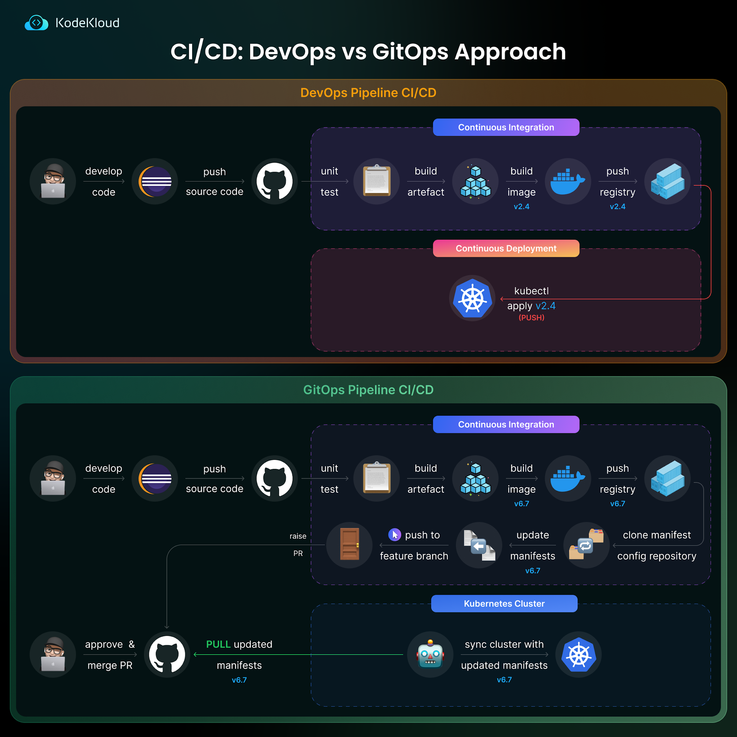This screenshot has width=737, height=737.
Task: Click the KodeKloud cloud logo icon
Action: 36,23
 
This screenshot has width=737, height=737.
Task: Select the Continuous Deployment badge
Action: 506,248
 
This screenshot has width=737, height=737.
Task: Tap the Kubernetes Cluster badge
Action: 504,603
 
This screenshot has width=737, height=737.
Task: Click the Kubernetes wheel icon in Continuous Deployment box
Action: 472,298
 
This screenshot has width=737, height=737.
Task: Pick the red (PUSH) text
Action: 532,317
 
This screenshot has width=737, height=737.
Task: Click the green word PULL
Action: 218,644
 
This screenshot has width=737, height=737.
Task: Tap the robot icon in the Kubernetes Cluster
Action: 430,655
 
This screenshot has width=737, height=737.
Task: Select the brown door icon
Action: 349,545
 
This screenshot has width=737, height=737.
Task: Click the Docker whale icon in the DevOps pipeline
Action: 568,182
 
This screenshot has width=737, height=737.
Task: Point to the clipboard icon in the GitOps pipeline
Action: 376,478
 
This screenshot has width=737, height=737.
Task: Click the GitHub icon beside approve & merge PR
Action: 167,655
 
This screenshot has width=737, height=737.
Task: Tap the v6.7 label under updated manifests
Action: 504,680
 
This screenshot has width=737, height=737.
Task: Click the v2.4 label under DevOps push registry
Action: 618,207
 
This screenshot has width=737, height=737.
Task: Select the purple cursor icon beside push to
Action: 394,535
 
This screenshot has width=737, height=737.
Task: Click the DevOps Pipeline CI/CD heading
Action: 368,93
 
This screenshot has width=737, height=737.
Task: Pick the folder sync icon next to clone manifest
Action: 586,545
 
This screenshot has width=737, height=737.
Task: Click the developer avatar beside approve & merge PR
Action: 53,655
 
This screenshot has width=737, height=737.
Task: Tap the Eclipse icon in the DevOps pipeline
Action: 155,182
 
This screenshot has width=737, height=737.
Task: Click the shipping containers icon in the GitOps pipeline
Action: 667,478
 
